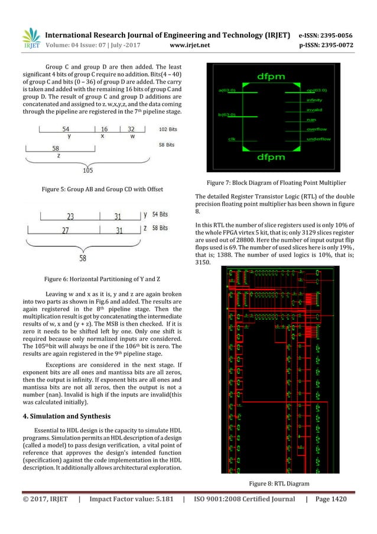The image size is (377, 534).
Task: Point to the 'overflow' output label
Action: tap(318, 128)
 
